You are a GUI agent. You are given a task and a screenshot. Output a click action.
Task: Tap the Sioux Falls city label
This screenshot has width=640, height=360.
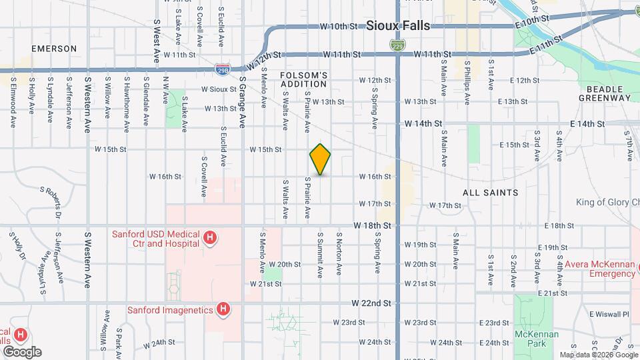click(x=398, y=26)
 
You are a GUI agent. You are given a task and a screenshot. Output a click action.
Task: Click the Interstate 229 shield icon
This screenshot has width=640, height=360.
click(x=395, y=44)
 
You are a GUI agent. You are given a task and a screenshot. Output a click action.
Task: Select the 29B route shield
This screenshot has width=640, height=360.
click(x=223, y=68)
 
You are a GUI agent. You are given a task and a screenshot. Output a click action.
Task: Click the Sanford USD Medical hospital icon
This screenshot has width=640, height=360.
click(x=210, y=238)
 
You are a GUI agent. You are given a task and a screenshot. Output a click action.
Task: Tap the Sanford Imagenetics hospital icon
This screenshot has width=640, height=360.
click(x=223, y=309)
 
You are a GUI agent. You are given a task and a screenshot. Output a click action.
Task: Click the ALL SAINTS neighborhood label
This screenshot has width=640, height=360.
click(x=491, y=193)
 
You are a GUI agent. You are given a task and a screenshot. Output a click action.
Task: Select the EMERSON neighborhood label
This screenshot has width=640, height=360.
click(x=54, y=49)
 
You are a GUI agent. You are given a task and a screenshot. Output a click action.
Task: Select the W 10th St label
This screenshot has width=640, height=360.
click(x=339, y=27)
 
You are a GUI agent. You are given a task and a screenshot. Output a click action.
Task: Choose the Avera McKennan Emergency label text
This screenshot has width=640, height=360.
click(x=599, y=268)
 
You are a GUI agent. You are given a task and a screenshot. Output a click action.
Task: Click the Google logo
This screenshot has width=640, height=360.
click(x=22, y=352)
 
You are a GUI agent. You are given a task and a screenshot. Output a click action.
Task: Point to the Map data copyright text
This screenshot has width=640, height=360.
click(x=599, y=355)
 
